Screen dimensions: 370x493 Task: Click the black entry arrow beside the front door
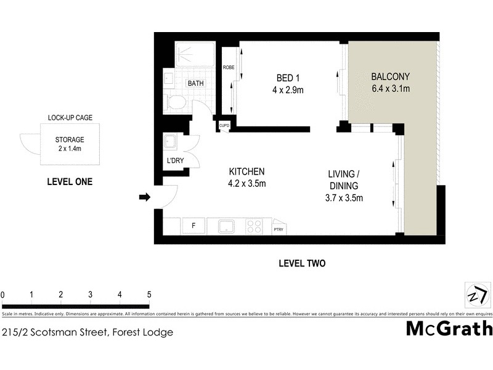tap(145, 197)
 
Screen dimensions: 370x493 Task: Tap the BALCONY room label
tap(390, 77)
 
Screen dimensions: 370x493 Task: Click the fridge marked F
tap(194, 226)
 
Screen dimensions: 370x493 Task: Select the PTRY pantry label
tap(279, 229)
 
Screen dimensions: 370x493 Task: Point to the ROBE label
tap(229, 67)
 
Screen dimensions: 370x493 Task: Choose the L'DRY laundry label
tap(173, 162)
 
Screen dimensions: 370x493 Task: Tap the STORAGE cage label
tap(69, 140)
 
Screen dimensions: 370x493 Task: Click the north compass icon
tap(475, 295)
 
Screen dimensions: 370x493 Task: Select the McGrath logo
tap(449, 329)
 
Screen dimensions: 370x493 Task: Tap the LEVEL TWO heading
tap(302, 263)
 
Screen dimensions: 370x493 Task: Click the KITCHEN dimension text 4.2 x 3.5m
tap(246, 183)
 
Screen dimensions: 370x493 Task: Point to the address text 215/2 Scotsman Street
tap(86, 332)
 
